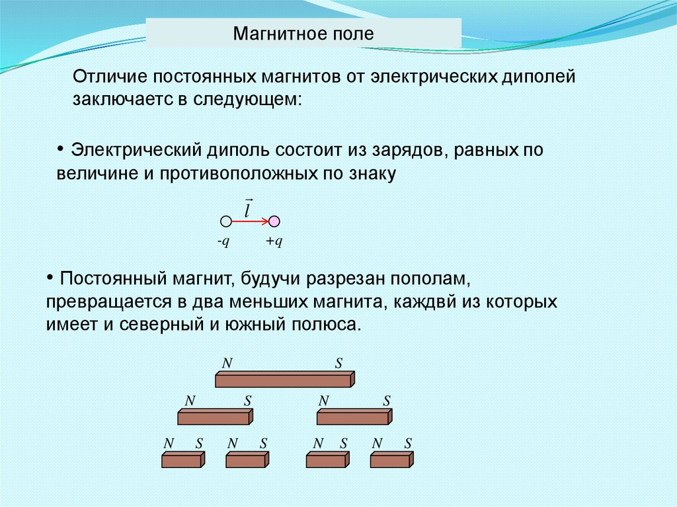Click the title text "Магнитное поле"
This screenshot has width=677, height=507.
point(303,33)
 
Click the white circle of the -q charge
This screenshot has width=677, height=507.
point(225,221)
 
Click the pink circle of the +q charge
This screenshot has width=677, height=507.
point(274,221)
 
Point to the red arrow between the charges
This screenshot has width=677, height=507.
point(250,221)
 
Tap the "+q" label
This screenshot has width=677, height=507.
point(274,241)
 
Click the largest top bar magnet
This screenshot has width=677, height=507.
point(284,379)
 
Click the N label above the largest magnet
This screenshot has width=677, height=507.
point(227,363)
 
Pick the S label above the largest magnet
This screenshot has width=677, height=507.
point(338,363)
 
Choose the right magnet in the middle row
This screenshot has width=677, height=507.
point(354,416)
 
